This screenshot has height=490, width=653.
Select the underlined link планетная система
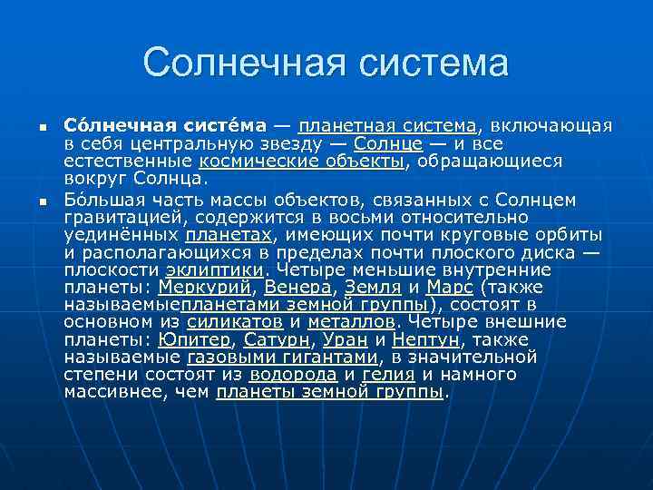(x=387, y=125)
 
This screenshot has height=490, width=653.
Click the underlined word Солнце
(x=388, y=143)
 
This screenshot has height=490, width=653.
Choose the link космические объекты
(x=302, y=162)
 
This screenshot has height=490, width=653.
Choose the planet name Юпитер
(x=194, y=340)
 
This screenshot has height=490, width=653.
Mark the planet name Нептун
(x=427, y=340)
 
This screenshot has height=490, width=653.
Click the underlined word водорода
(x=294, y=375)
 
